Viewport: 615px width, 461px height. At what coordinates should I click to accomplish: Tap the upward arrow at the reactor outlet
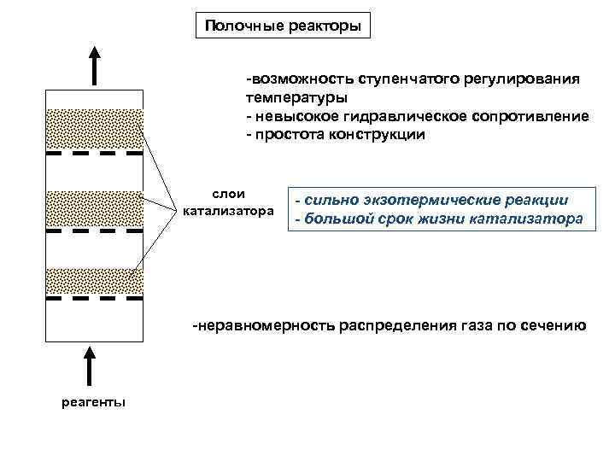click(x=94, y=66)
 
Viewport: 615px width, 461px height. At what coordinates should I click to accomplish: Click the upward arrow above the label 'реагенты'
click(x=94, y=368)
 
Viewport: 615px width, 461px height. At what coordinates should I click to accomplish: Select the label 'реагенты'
click(x=94, y=402)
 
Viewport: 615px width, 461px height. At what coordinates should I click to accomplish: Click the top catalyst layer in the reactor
click(x=94, y=129)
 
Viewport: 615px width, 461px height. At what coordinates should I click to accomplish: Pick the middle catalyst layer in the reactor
click(x=94, y=207)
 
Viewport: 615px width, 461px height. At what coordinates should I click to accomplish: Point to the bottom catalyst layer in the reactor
click(x=94, y=282)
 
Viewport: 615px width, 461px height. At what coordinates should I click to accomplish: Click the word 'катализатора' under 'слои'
click(x=228, y=211)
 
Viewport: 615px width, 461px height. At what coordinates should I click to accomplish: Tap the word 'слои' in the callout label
click(x=228, y=195)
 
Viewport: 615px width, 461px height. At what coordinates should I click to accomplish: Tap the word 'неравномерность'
click(x=264, y=325)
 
